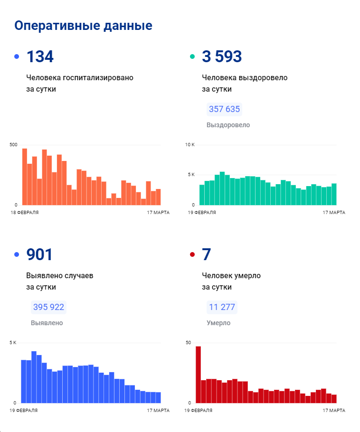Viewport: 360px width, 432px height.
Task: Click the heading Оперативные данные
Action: (x=83, y=26)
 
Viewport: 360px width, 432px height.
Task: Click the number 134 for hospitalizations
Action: (x=40, y=57)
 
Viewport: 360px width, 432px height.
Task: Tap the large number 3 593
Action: (x=222, y=57)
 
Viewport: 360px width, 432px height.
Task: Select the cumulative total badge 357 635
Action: (x=224, y=109)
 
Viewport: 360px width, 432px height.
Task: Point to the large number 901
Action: (x=39, y=255)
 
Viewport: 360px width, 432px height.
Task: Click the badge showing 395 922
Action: (x=48, y=307)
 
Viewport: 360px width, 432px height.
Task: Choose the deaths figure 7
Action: (x=206, y=255)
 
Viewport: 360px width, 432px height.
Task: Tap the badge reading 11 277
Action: (x=222, y=307)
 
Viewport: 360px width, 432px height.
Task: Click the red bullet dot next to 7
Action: (x=192, y=255)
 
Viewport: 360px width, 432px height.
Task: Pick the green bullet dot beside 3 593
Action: (x=192, y=57)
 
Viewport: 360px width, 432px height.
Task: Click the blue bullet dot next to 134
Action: (x=17, y=57)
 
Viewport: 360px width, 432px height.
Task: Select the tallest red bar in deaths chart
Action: (x=198, y=374)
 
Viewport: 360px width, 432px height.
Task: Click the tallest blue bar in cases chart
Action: (x=34, y=376)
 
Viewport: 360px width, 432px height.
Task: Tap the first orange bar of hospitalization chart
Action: (x=25, y=177)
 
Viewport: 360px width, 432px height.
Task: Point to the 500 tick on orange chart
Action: (x=13, y=145)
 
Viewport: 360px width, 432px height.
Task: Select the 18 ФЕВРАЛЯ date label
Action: (x=25, y=212)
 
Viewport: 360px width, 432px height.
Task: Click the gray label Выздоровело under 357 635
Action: (x=228, y=125)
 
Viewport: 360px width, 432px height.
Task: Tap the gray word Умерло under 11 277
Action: (x=218, y=323)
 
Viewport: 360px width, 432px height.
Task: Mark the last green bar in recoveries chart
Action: (x=334, y=194)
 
